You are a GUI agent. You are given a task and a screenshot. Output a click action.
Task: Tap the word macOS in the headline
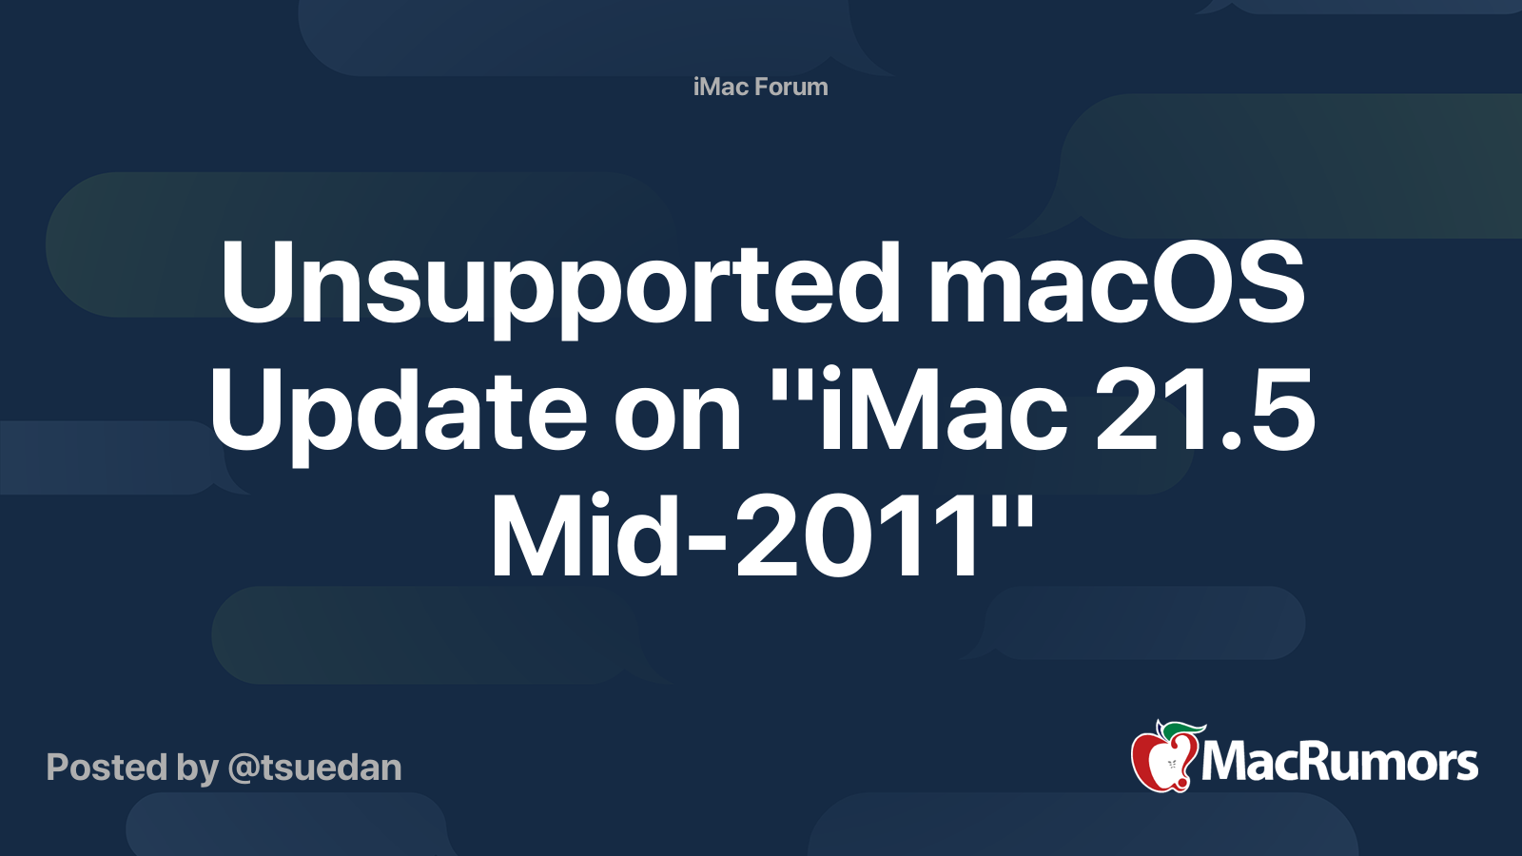(x=1116, y=282)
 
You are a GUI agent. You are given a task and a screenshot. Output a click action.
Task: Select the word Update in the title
(x=398, y=411)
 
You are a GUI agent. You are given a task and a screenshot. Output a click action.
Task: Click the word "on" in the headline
(x=677, y=413)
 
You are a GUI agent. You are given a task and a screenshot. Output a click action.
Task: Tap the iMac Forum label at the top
(x=760, y=87)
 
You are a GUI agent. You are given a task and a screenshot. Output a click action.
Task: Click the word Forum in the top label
(x=790, y=87)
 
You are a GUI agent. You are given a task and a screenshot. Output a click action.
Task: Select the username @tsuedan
(x=314, y=768)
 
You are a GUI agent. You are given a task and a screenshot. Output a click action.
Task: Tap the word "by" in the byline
(x=198, y=768)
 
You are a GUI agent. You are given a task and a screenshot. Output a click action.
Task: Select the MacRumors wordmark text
(x=1339, y=763)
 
